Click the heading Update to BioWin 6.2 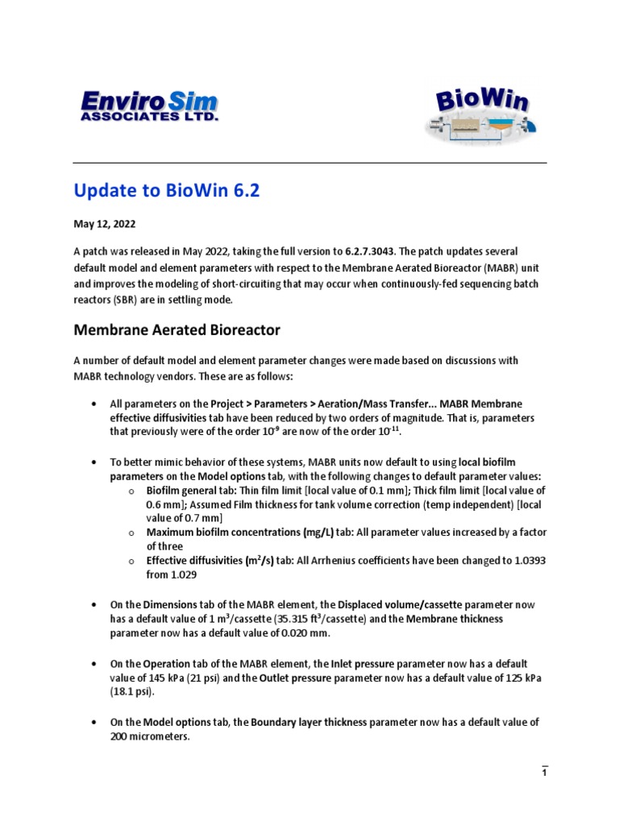[x=167, y=191]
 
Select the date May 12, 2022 [x=102, y=224]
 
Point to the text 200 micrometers [x=150, y=736]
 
